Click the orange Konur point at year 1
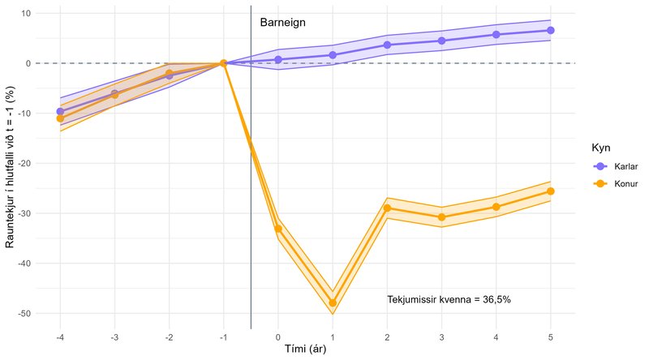pyautogui.click(x=333, y=302)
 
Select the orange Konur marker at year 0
pyautogui.click(x=278, y=229)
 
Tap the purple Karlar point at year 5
pyautogui.click(x=551, y=30)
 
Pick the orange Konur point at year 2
pyautogui.click(x=387, y=208)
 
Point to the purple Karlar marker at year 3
pyautogui.click(x=441, y=41)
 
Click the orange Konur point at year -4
pyautogui.click(x=60, y=118)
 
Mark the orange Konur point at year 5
pyautogui.click(x=551, y=191)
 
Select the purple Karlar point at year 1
pyautogui.click(x=333, y=55)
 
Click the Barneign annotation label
pyautogui.click(x=282, y=23)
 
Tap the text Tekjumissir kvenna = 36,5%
pyautogui.click(x=449, y=299)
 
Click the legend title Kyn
pyautogui.click(x=601, y=148)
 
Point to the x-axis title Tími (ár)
pyautogui.click(x=305, y=349)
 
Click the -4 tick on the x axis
pyautogui.click(x=59, y=336)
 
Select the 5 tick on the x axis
pyautogui.click(x=551, y=336)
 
